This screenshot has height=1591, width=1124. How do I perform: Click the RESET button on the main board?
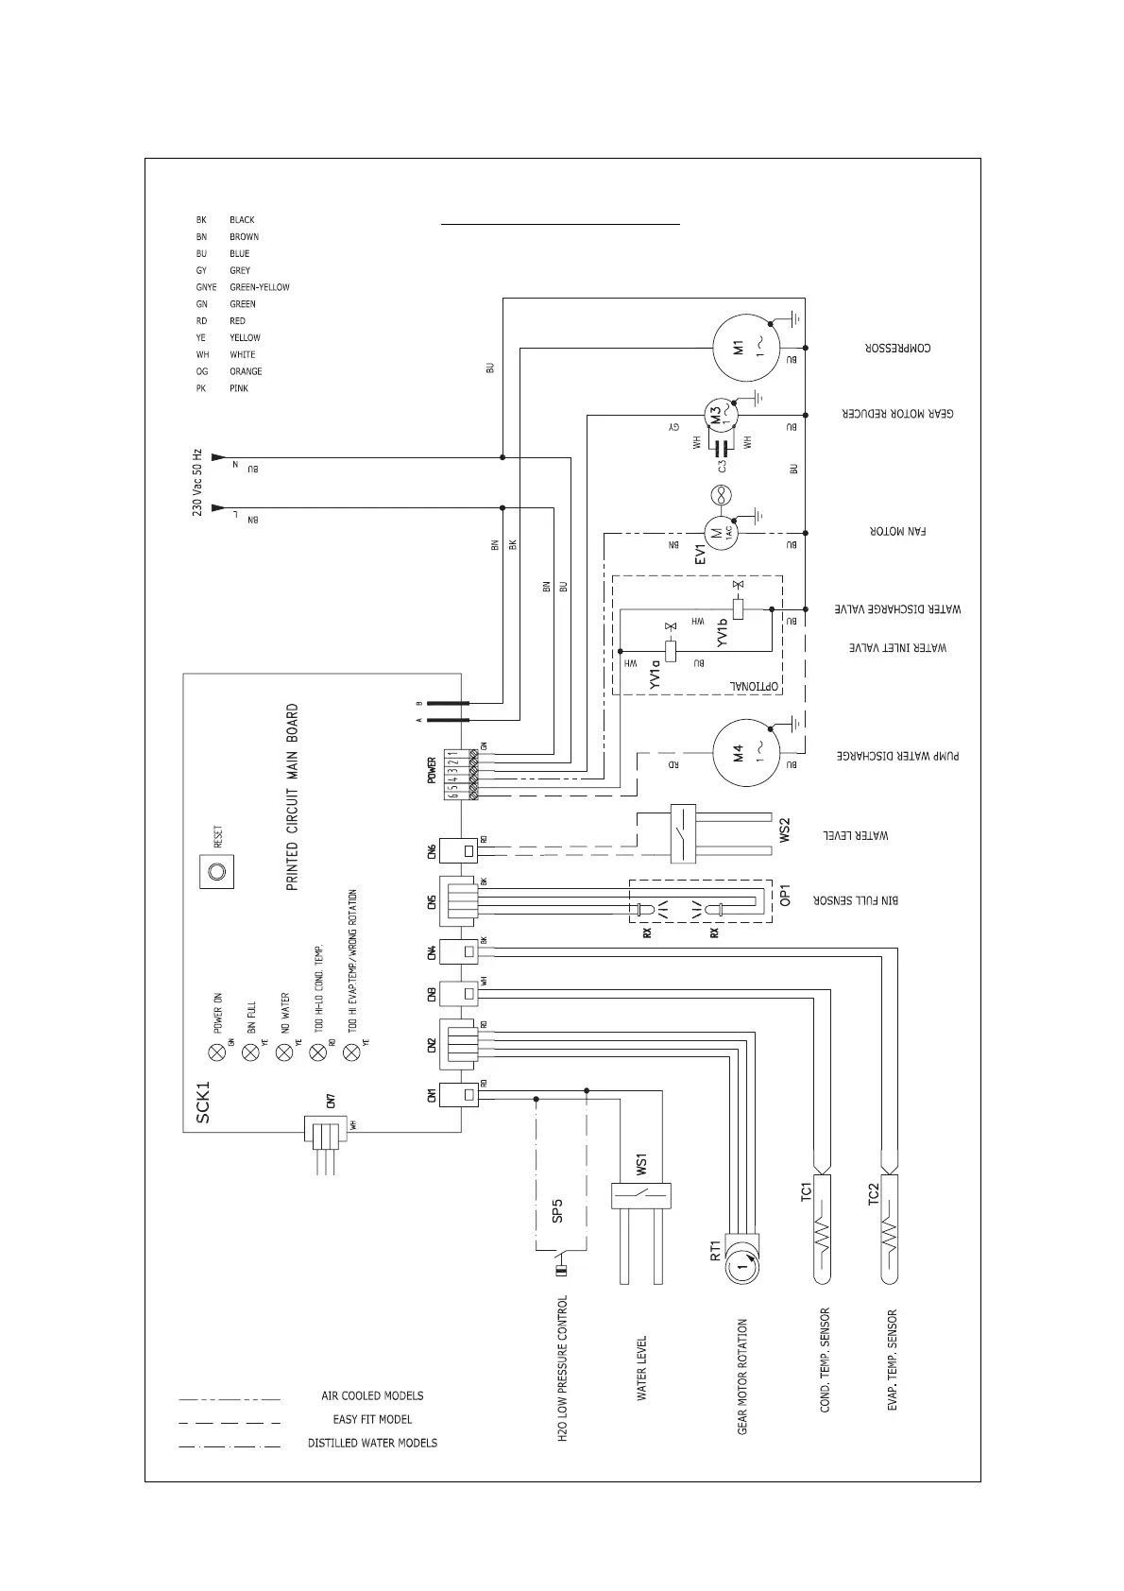tap(217, 871)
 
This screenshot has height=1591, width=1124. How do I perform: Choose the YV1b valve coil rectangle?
tap(739, 609)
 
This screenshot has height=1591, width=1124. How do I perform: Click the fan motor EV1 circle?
tap(719, 532)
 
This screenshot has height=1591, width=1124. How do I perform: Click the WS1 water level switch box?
tap(640, 1194)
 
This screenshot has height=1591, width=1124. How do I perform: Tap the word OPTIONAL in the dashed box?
tap(753, 684)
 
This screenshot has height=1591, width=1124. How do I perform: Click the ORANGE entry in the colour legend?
tap(246, 372)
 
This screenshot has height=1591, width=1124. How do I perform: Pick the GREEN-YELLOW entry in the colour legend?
tap(259, 287)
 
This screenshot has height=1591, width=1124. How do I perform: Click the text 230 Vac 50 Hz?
tap(197, 482)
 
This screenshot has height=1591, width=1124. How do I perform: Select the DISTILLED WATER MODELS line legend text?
tap(372, 1443)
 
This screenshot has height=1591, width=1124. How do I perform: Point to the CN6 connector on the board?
tap(468, 851)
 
